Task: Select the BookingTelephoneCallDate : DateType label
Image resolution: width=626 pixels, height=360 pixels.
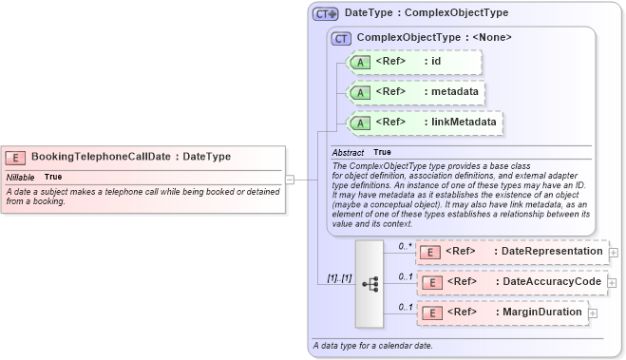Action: tap(130, 157)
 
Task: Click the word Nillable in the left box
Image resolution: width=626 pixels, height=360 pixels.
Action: tap(21, 178)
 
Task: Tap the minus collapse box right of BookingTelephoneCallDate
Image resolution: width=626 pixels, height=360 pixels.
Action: tap(290, 178)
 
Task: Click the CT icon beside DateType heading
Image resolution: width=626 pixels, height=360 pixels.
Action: tap(326, 14)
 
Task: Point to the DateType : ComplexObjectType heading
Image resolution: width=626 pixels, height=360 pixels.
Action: tap(427, 14)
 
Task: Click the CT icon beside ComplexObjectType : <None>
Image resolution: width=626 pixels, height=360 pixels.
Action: tap(341, 38)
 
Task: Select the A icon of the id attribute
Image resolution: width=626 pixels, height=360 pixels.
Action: tap(361, 62)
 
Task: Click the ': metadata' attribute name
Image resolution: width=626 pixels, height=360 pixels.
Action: tap(451, 92)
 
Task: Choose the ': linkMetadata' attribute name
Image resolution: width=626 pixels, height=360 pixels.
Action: tap(459, 123)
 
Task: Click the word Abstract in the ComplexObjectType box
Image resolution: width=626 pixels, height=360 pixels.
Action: tap(348, 152)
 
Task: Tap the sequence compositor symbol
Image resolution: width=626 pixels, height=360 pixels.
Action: tap(370, 283)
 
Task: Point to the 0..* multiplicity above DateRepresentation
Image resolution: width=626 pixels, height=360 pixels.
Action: tap(405, 245)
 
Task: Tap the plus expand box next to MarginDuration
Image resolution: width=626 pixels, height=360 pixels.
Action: tap(594, 313)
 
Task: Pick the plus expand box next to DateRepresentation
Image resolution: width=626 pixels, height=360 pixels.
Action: tap(614, 253)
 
